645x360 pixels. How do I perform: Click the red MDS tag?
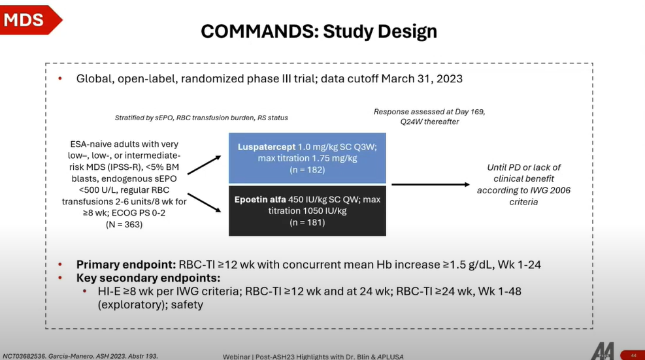(x=29, y=20)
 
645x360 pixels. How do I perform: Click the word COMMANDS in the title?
(x=259, y=31)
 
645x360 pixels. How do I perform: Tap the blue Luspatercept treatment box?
(x=307, y=158)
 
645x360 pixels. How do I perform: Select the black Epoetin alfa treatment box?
(x=307, y=210)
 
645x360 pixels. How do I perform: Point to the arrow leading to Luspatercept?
(x=205, y=165)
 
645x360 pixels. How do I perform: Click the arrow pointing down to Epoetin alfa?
(x=205, y=203)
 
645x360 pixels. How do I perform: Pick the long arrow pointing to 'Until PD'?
(x=430, y=184)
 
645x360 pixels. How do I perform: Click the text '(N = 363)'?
(x=124, y=225)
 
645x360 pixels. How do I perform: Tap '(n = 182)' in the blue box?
(x=307, y=170)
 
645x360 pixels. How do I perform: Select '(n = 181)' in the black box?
(x=307, y=223)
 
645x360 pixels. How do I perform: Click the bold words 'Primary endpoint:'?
(x=126, y=265)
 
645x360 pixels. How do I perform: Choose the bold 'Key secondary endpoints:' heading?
(x=148, y=278)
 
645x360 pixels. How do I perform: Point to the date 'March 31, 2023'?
(x=422, y=78)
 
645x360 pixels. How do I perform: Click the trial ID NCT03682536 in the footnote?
(x=24, y=356)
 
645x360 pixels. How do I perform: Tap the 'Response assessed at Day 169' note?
(x=429, y=112)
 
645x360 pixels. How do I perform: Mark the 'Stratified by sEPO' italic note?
(x=201, y=118)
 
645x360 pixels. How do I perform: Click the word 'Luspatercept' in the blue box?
(x=267, y=147)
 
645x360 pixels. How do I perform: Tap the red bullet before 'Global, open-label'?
(x=60, y=78)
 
